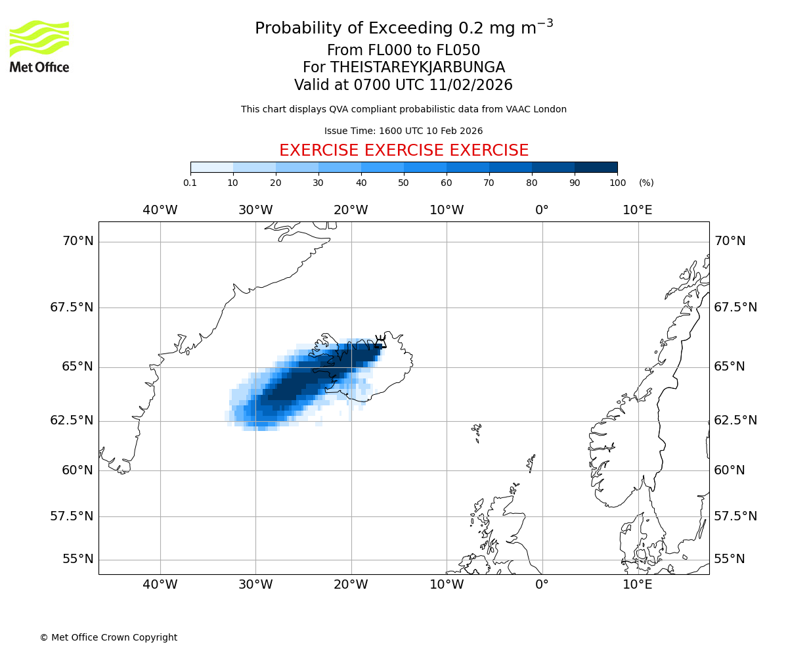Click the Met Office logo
[x=39, y=46]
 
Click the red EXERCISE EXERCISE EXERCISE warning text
[x=404, y=150]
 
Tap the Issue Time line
[x=404, y=131]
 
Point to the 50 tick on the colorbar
[x=404, y=183]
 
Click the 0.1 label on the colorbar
[x=190, y=183]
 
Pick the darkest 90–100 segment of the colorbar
[x=596, y=167]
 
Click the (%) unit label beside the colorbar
[x=646, y=183]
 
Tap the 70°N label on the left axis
[x=78, y=241]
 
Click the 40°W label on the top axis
[x=160, y=210]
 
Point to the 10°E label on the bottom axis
[x=638, y=585]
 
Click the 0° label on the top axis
[x=542, y=210]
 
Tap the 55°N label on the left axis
[x=78, y=559]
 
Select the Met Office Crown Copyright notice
[x=108, y=637]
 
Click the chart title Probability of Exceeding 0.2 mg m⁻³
[x=404, y=28]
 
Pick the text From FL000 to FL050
[x=404, y=51]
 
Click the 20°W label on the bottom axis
[x=351, y=585]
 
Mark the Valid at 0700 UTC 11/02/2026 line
[x=404, y=85]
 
